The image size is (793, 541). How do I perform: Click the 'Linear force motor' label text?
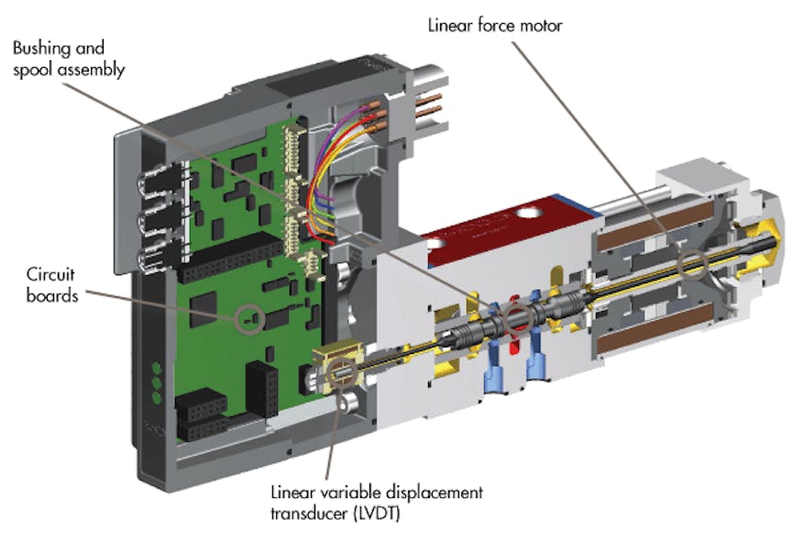[494, 25]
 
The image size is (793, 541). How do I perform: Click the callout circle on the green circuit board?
[248, 318]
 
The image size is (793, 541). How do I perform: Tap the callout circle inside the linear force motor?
[690, 264]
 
